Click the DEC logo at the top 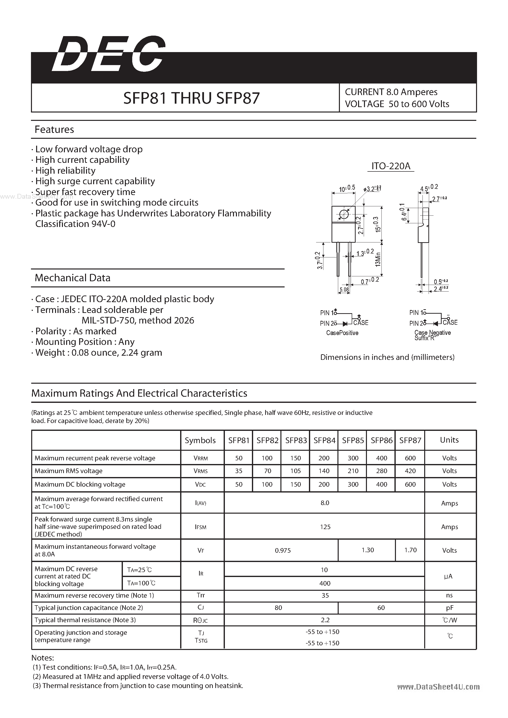108,54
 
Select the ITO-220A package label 391,166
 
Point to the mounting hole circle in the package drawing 344,214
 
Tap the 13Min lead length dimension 378,259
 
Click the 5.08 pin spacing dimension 344,290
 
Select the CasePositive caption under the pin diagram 342,333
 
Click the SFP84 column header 324,441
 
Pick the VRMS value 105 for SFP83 295,471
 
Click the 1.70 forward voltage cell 410,550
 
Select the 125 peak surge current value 325,527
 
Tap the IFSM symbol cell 201,527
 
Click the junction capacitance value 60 381,608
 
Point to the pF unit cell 450,608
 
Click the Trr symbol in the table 201,595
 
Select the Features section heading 54,129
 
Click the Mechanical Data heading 73,278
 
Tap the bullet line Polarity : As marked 76,331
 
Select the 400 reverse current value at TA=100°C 325,583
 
